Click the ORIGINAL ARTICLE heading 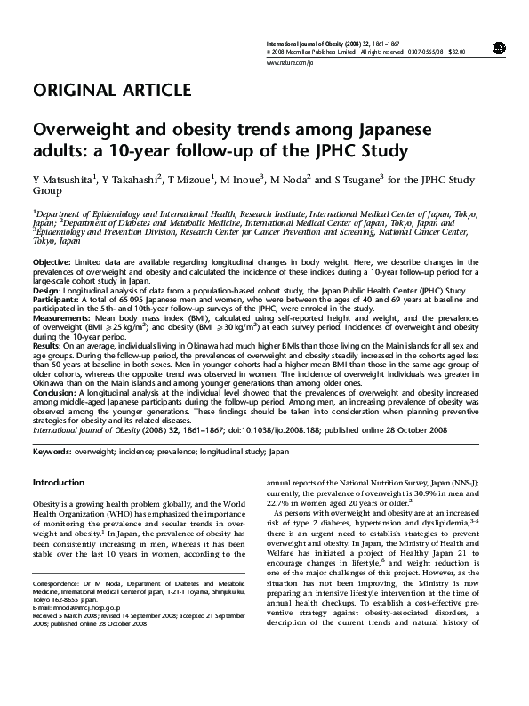[x=111, y=91]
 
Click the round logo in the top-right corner [x=497, y=45]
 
